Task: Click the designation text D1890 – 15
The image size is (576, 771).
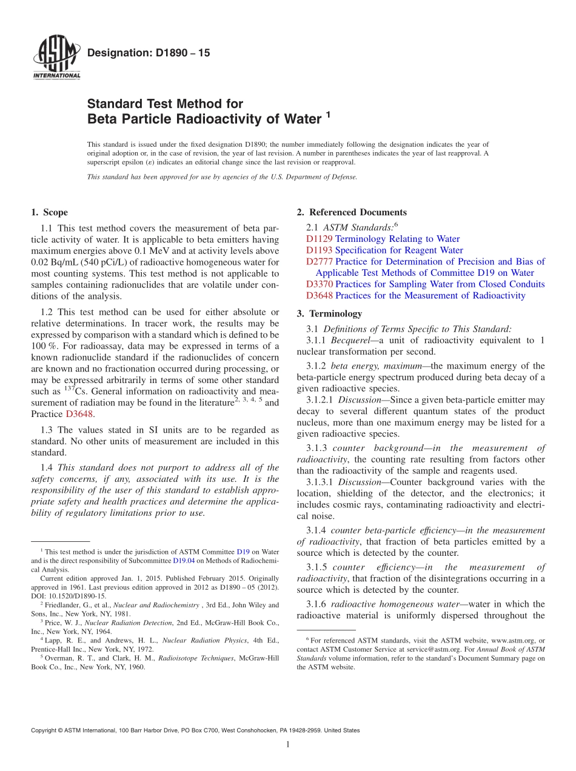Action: pos(149,53)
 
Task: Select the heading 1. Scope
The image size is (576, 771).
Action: pos(49,212)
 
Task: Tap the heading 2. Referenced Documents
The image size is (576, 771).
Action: pos(351,212)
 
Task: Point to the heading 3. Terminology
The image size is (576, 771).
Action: pos(329,314)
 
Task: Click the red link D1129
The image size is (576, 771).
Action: pos(319,239)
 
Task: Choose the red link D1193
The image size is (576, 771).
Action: pos(319,250)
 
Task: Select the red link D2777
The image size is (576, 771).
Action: pos(319,262)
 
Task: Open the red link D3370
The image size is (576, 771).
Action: pos(319,284)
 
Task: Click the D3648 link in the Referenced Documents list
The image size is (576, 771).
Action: pos(319,296)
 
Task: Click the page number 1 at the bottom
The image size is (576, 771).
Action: pos(288,745)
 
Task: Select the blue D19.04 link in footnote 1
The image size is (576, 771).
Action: pos(184,561)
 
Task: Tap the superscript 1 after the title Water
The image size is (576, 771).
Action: pos(328,113)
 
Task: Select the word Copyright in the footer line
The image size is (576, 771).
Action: pos(45,730)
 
